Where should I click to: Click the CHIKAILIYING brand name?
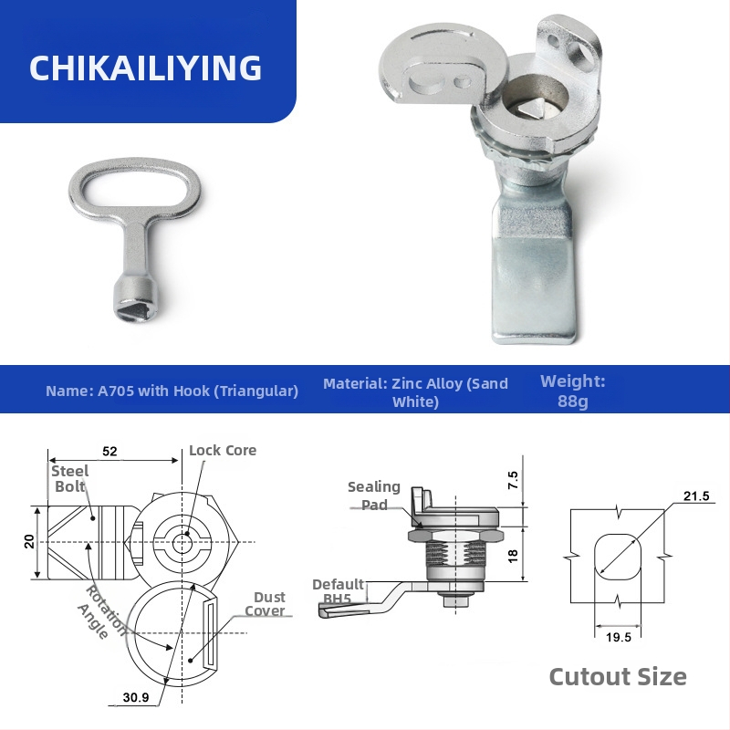[x=145, y=68]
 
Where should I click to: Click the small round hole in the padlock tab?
[x=553, y=40]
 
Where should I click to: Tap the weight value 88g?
[x=573, y=401]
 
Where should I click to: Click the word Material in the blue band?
[x=353, y=383]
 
